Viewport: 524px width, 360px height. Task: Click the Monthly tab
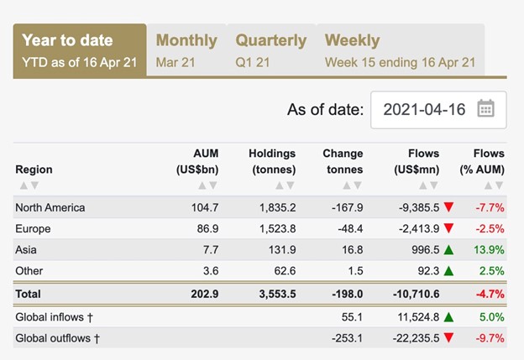(186, 50)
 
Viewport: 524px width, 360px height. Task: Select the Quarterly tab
(270, 50)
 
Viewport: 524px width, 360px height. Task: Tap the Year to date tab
(79, 50)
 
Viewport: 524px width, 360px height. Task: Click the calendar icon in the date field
(485, 109)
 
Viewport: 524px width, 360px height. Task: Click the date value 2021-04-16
(424, 109)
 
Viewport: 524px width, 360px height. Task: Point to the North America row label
(50, 207)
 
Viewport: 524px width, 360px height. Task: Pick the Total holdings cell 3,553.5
(274, 295)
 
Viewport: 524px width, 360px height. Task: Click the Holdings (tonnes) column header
(272, 161)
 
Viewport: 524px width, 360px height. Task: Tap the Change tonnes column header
(343, 161)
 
